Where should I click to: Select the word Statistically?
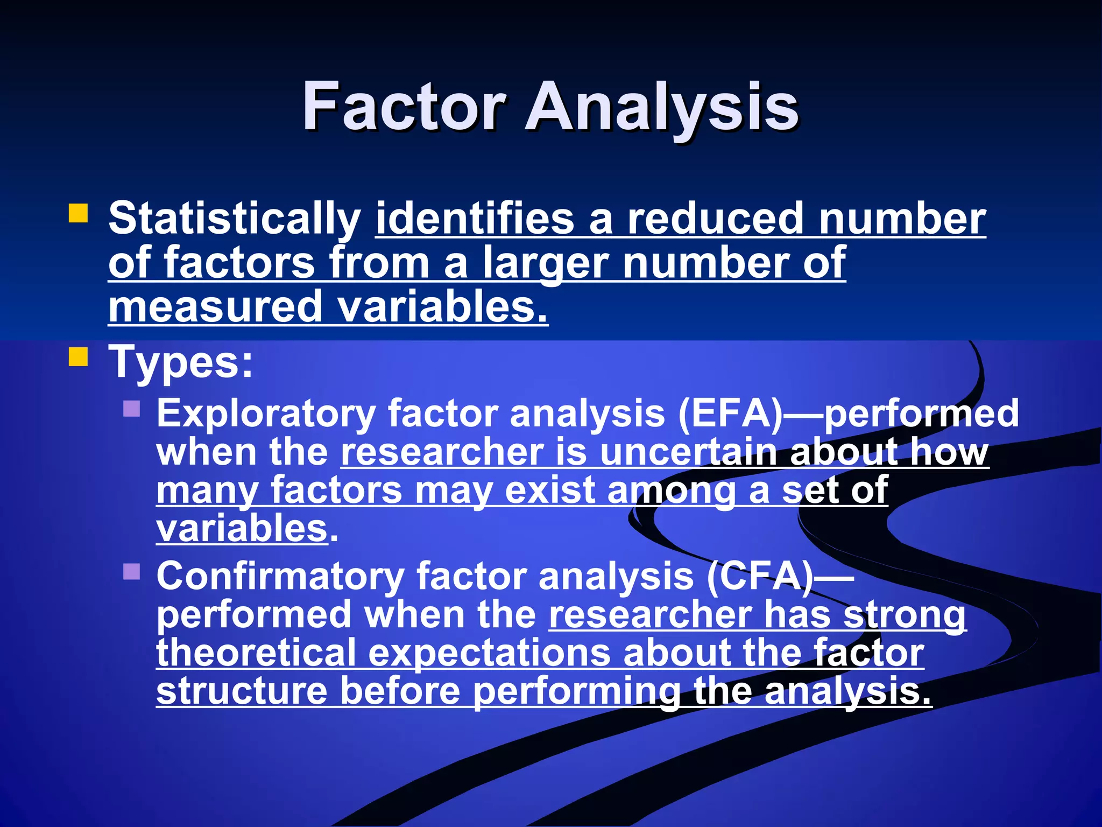[234, 219]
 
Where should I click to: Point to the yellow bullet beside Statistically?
[78, 213]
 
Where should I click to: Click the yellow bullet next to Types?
[78, 356]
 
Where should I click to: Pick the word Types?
[180, 362]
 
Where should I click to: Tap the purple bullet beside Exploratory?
[131, 409]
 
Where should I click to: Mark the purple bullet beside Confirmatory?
[131, 571]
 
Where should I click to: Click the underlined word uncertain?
[688, 452]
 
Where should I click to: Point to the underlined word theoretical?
[256, 653]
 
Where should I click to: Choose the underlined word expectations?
[490, 654]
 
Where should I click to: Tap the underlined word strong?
[905, 615]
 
